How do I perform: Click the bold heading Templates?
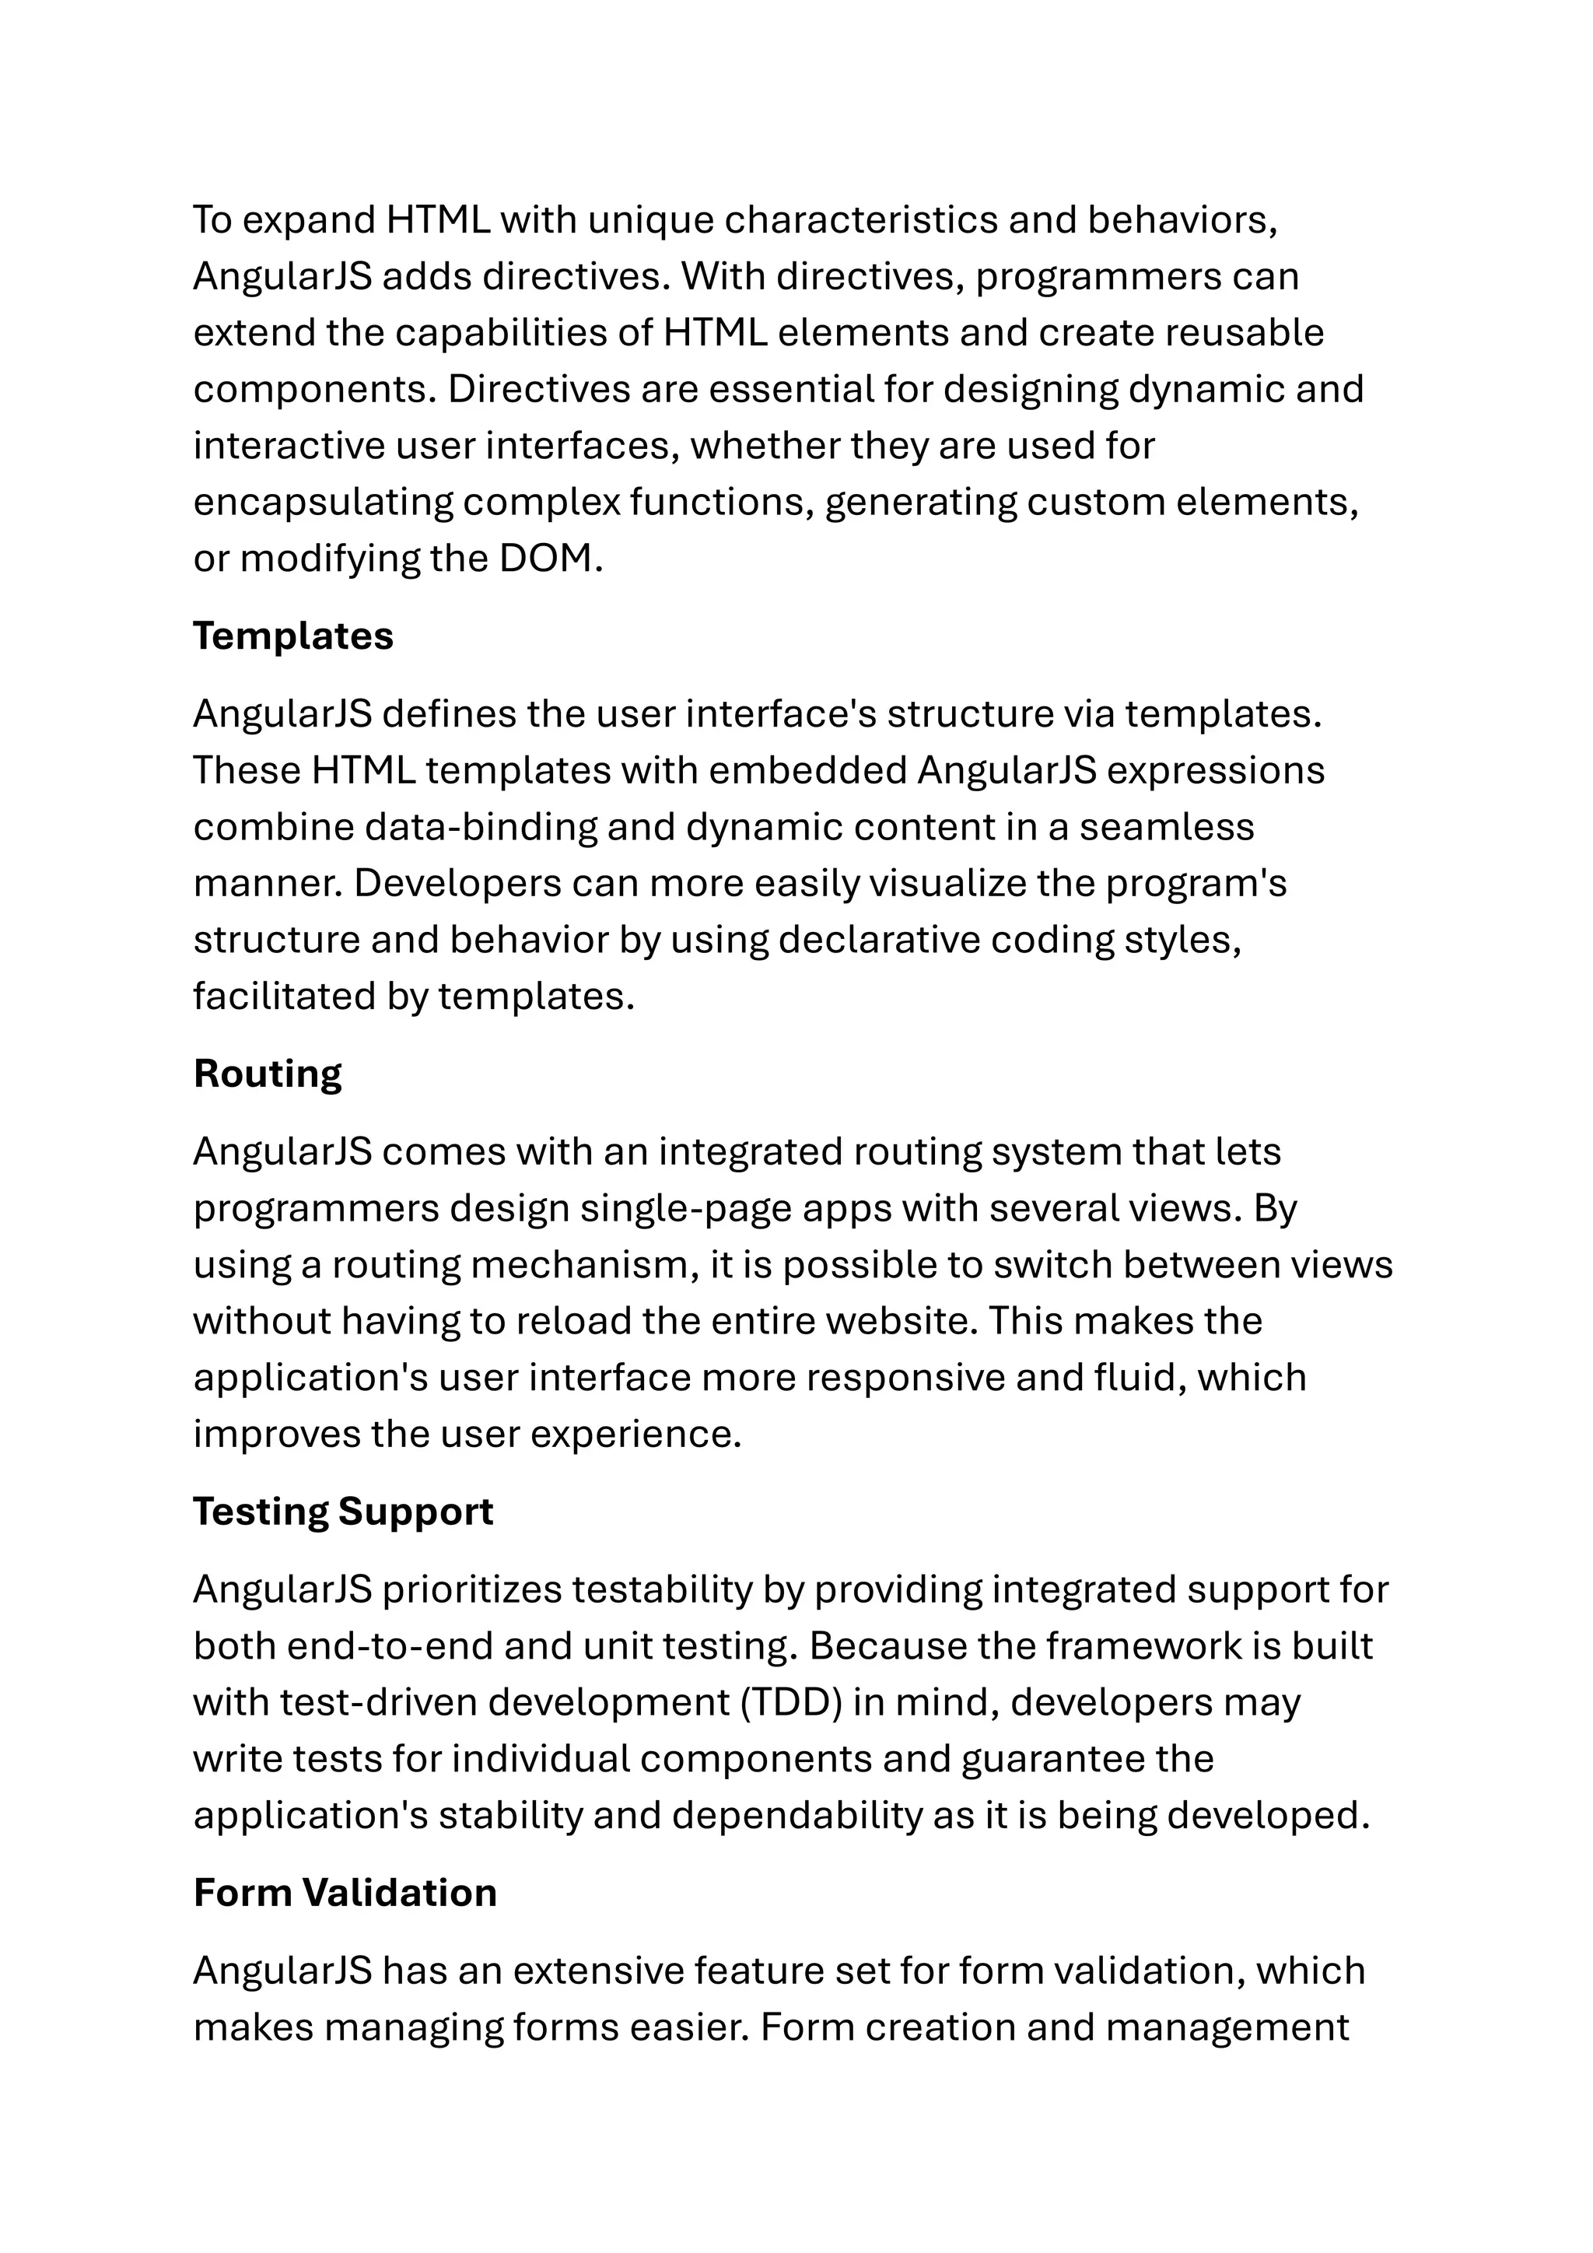tap(292, 636)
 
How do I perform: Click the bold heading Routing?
tap(267, 1074)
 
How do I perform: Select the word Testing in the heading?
tap(260, 1511)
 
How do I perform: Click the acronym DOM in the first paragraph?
tap(546, 559)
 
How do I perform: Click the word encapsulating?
tap(323, 503)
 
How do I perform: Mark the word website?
tap(902, 1321)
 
